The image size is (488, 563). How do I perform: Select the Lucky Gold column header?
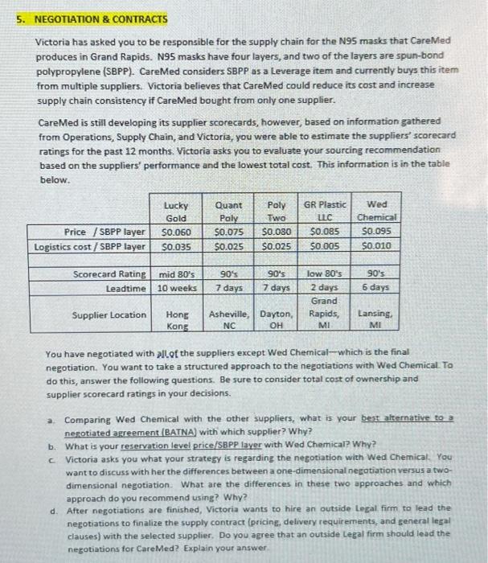pos(174,212)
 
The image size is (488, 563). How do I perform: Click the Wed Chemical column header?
pos(376,212)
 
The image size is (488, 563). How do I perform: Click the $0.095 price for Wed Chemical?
pos(377,232)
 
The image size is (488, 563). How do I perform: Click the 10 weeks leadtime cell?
pos(174,287)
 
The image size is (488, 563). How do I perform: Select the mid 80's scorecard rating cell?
pos(174,274)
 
